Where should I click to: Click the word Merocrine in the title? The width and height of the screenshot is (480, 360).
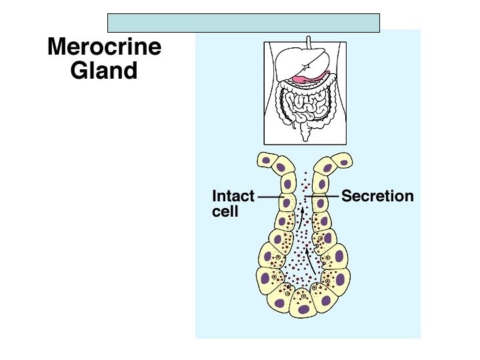point(104,48)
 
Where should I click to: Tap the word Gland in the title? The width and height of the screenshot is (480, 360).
point(104,71)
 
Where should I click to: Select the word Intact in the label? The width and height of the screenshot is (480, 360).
point(233,197)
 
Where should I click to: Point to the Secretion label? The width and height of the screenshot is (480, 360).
point(377,197)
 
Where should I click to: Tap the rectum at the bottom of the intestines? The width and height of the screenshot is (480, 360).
point(307,134)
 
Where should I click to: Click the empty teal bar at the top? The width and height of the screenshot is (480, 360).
point(243,23)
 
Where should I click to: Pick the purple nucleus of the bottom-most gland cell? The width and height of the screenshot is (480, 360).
point(303,309)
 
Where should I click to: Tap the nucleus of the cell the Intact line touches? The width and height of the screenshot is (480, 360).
point(287,203)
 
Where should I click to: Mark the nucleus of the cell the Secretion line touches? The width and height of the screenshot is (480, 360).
point(320,203)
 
